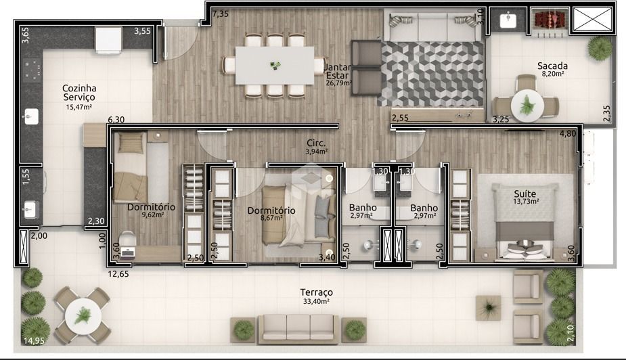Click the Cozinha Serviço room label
pos(79,92)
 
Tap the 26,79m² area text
pos(339,83)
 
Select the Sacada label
pos(552,66)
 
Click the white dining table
pos(274,65)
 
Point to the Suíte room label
pos(525,194)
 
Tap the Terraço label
pos(316,292)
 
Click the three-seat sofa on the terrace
pos(298,329)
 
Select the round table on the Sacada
pos(527,106)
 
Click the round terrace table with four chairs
pos(83,316)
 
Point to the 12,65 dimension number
pos(118,274)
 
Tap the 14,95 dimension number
pos(34,340)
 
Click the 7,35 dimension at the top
pos(221,14)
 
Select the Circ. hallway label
pos(316,143)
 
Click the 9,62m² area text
pos(153,215)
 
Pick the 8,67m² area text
pos(271,218)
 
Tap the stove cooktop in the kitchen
pos(32,68)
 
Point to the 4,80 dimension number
pos(568,134)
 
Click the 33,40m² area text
pos(316,301)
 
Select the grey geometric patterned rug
pos(432,74)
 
